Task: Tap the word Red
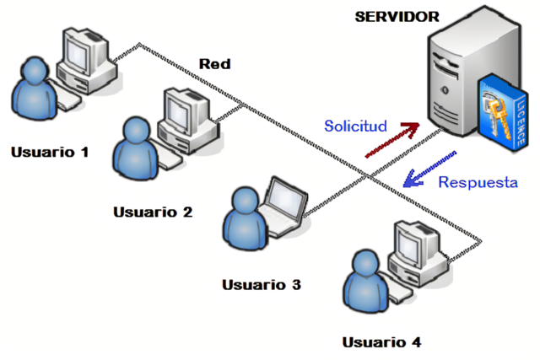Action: [214, 64]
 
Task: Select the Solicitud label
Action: [355, 126]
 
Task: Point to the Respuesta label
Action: [477, 182]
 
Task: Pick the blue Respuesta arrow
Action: [429, 168]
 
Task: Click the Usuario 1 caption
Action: [50, 152]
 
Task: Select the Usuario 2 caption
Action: [153, 212]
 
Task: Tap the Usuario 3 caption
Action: [261, 284]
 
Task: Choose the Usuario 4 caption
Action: [381, 341]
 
